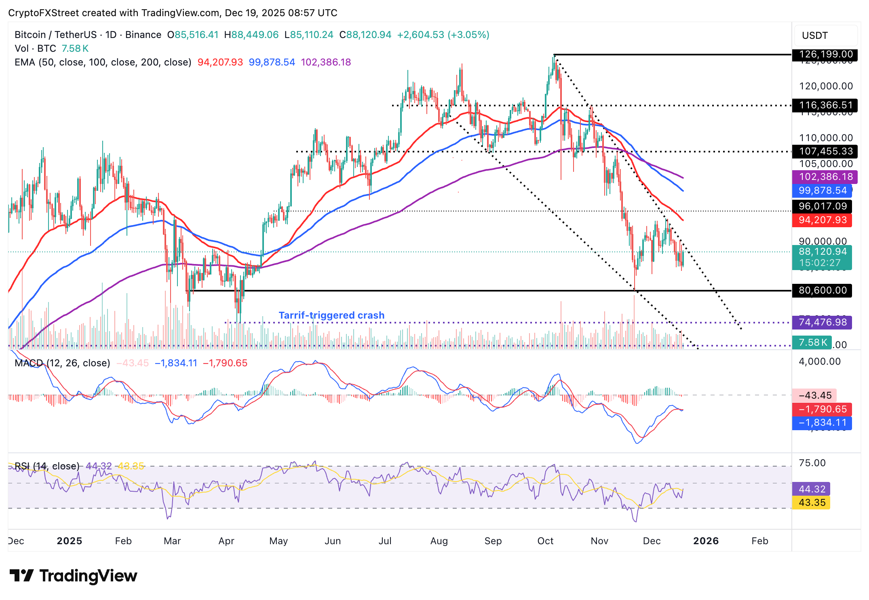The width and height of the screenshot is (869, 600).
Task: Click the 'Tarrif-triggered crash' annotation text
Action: [331, 315]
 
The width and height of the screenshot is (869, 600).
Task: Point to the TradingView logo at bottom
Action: [73, 576]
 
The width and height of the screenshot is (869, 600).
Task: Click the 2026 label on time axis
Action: [706, 541]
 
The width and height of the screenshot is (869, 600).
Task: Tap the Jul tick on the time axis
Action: [385, 541]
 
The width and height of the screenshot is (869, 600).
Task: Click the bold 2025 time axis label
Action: [70, 541]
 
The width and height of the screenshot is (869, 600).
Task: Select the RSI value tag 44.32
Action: [812, 489]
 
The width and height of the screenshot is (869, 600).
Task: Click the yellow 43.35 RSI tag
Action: [812, 503]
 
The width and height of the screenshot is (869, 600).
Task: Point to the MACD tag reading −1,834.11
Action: [822, 423]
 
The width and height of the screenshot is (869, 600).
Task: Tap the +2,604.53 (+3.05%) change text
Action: [443, 35]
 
